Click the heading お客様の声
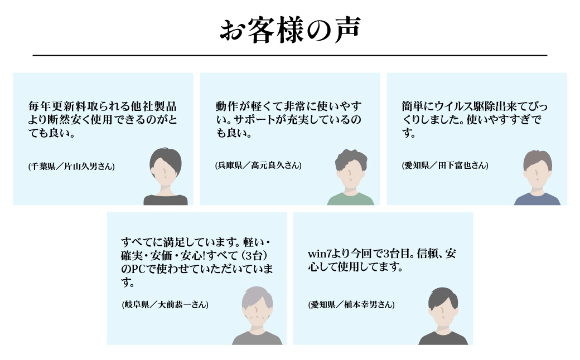pyautogui.click(x=290, y=30)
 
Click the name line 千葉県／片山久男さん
pyautogui.click(x=71, y=166)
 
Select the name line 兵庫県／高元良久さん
pyautogui.click(x=258, y=165)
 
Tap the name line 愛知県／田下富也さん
pyautogui.click(x=445, y=165)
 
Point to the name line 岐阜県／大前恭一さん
pyautogui.click(x=165, y=305)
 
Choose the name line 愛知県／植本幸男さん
pyautogui.click(x=351, y=305)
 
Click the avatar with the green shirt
pyautogui.click(x=351, y=177)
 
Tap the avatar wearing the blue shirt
pyautogui.click(x=537, y=178)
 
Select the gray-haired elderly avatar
pyautogui.click(x=257, y=315)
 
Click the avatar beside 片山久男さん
pyautogui.click(x=166, y=176)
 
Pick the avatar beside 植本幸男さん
pyautogui.click(x=443, y=316)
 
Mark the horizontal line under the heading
pyautogui.click(x=290, y=55)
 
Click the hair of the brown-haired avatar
pyautogui.click(x=538, y=159)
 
